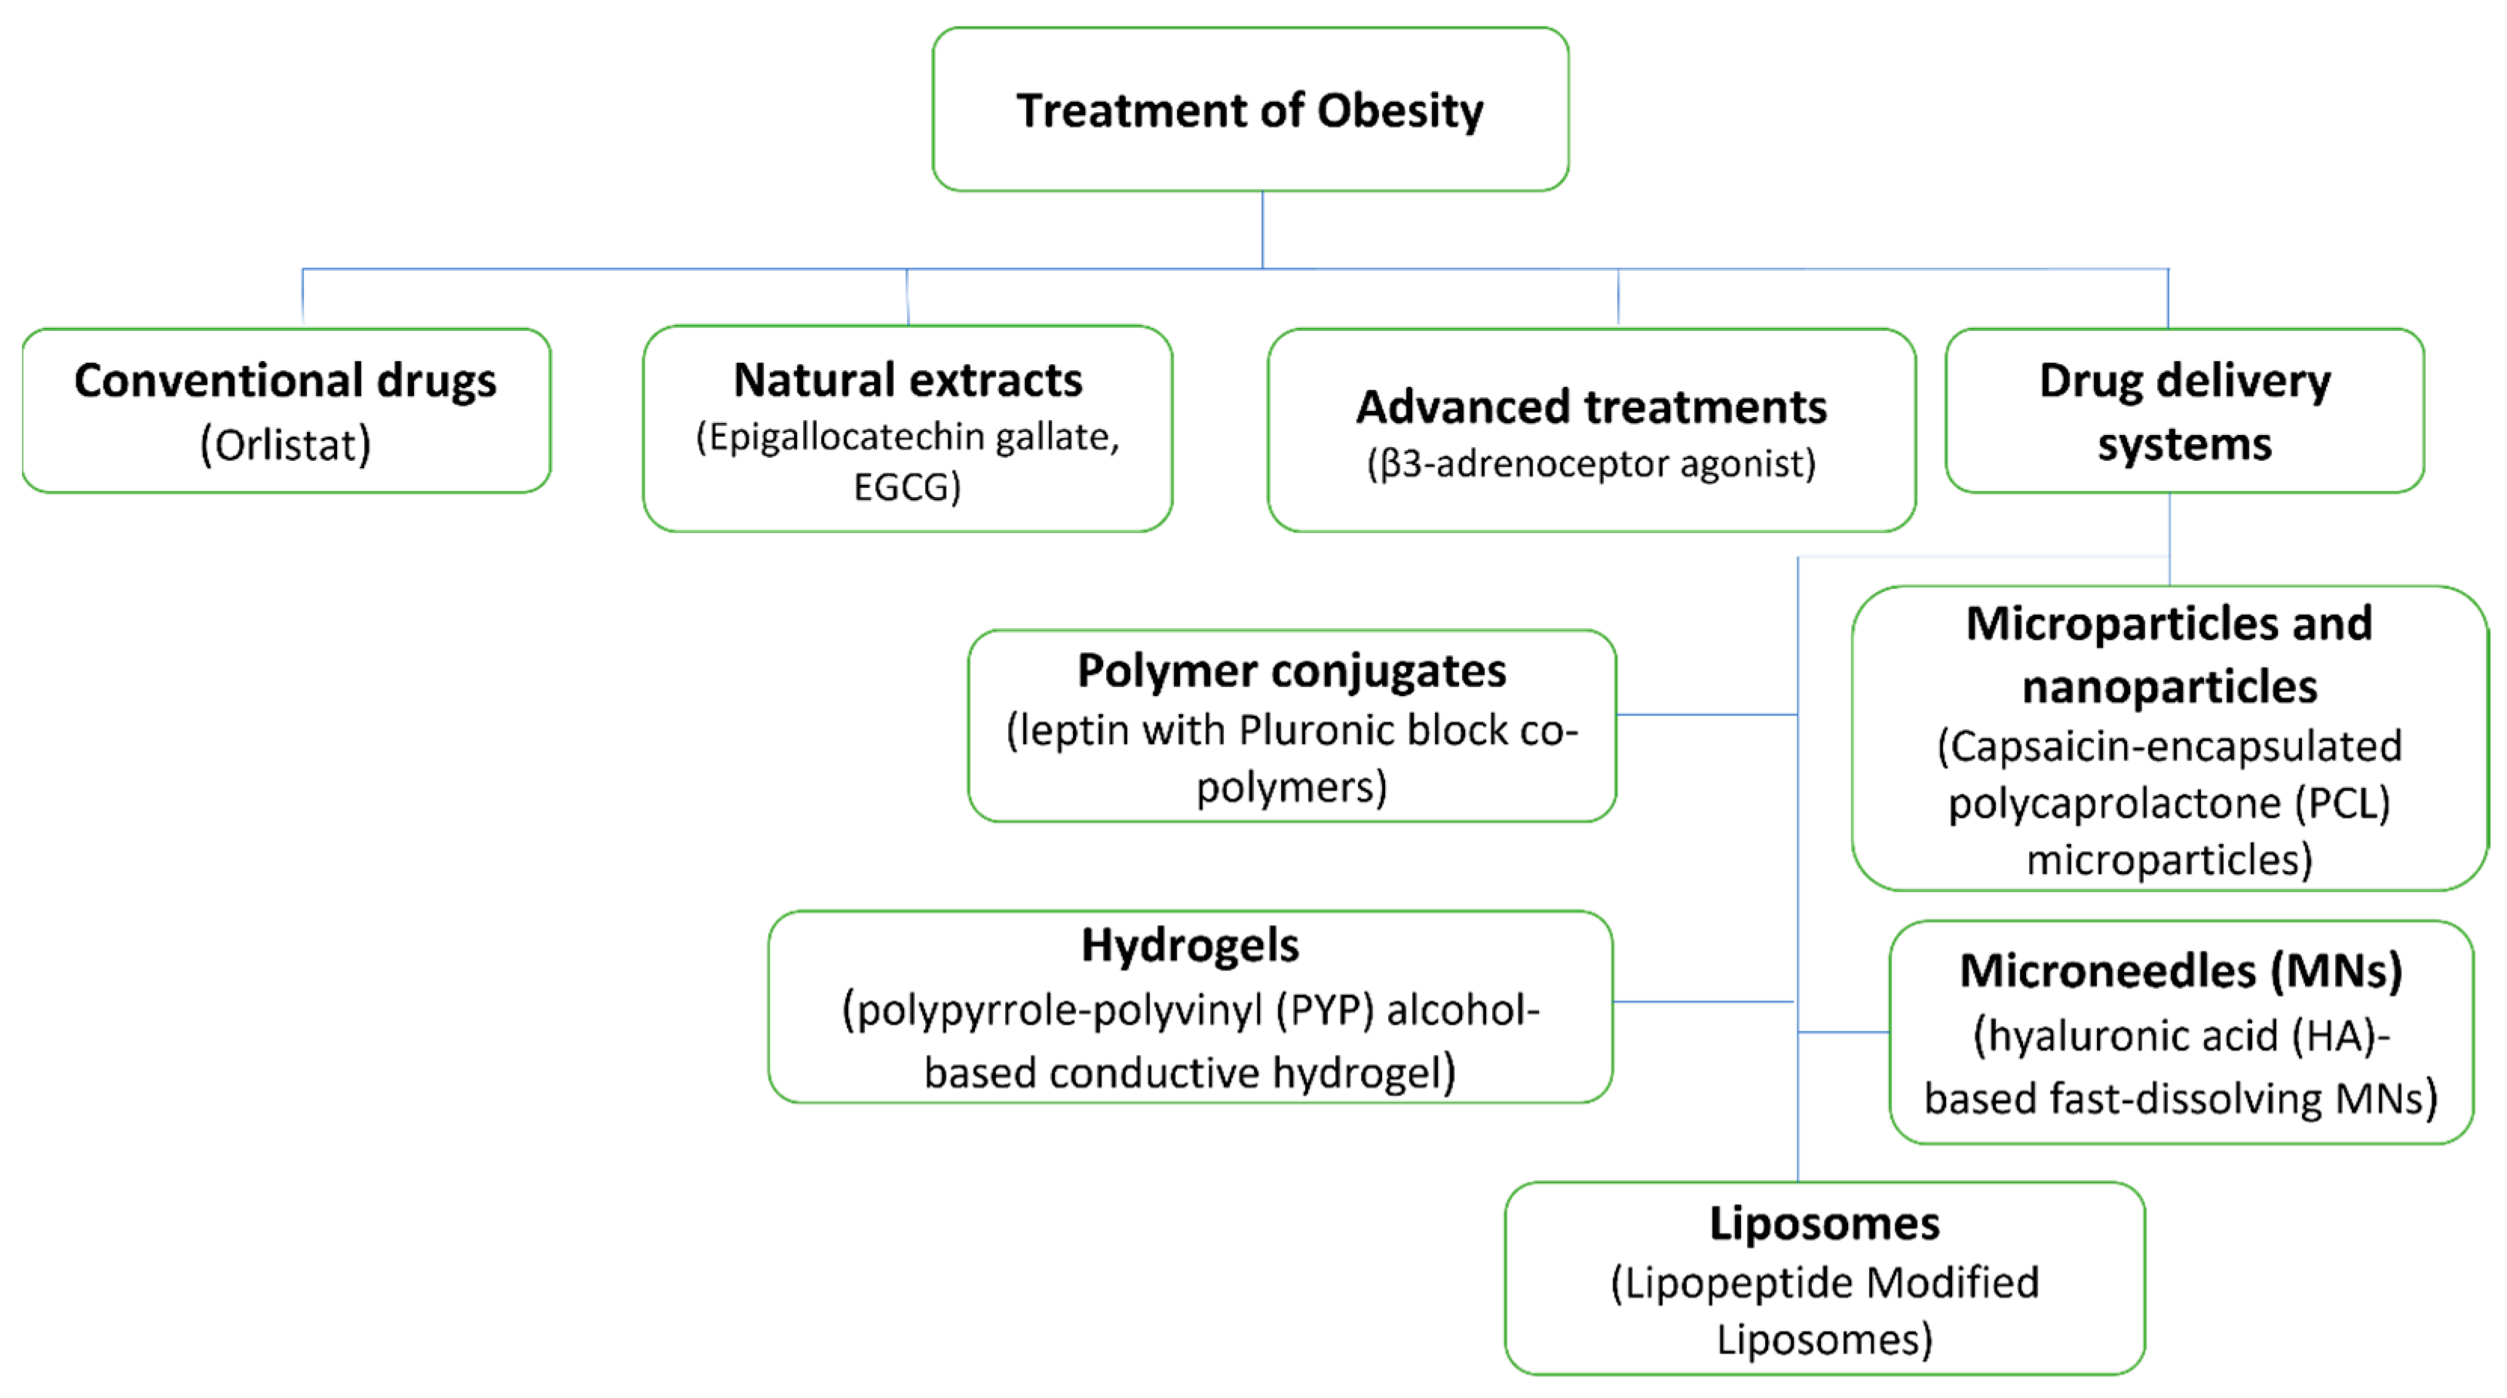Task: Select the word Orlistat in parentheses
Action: (x=285, y=445)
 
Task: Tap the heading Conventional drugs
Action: (x=285, y=380)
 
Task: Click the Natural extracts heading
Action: (x=907, y=380)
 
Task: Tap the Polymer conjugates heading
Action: (x=1292, y=671)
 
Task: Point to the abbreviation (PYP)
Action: (x=1325, y=1010)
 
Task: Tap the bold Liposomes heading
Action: (x=1824, y=1224)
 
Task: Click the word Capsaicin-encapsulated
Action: (x=2168, y=747)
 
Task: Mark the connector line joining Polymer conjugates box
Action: (x=1706, y=715)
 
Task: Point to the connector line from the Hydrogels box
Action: (x=1702, y=1001)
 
